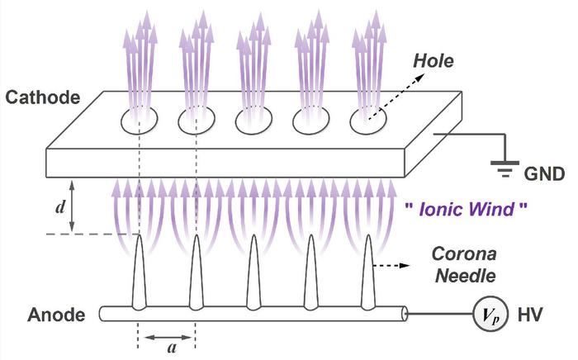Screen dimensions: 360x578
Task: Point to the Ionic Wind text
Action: pyautogui.click(x=462, y=210)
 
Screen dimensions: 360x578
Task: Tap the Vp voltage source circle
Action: pyautogui.click(x=486, y=315)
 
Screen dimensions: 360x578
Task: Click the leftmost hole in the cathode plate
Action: pyautogui.click(x=137, y=121)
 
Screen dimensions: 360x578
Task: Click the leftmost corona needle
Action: pyautogui.click(x=138, y=272)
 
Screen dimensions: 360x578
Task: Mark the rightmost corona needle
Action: pyautogui.click(x=367, y=272)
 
